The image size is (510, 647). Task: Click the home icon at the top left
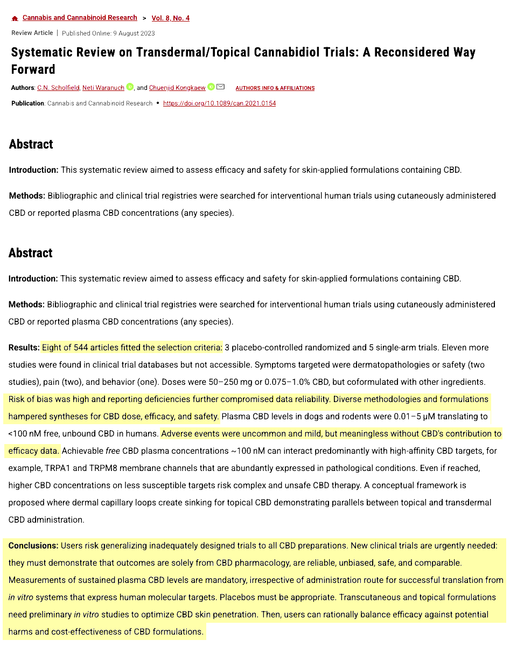coord(15,18)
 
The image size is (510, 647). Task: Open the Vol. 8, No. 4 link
coord(170,18)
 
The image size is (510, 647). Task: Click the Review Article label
coord(32,33)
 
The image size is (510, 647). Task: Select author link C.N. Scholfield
coord(58,88)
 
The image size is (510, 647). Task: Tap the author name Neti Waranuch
coord(103,88)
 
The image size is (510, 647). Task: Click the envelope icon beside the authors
coord(220,87)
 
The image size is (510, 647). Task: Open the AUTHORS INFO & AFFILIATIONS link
coord(275,88)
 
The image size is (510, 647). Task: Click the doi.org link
coord(219,103)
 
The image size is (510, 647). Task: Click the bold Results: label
coord(24,347)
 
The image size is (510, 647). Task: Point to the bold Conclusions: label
coord(33,545)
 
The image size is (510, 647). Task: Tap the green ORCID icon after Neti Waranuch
coord(130,87)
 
